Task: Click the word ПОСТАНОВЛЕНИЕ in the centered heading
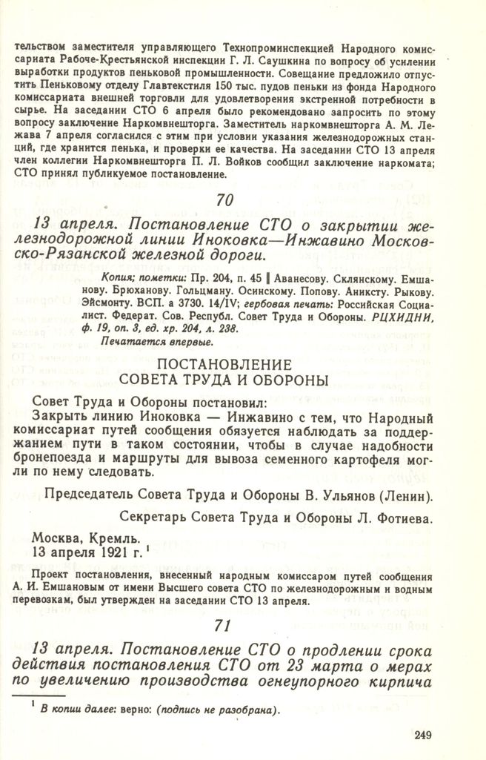click(x=223, y=366)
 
